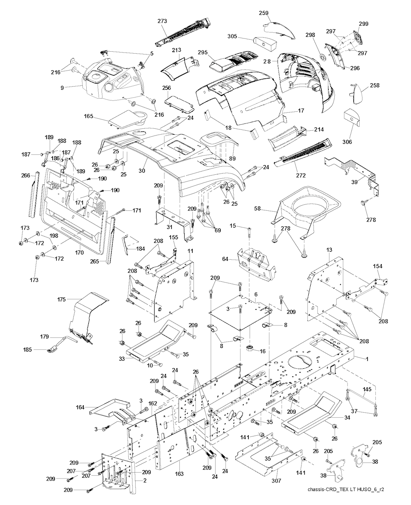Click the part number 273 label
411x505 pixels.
coord(162,21)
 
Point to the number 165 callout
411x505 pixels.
coord(88,117)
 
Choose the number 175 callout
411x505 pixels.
coord(61,299)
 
